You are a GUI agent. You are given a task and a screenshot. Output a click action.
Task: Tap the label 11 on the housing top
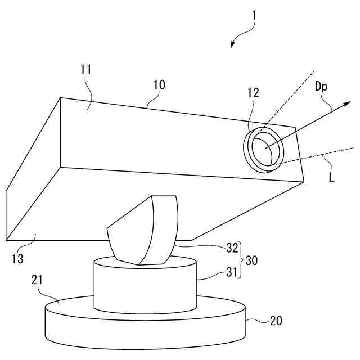86,70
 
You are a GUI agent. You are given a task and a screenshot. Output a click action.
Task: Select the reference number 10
159,85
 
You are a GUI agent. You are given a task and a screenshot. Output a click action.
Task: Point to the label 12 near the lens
253,93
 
